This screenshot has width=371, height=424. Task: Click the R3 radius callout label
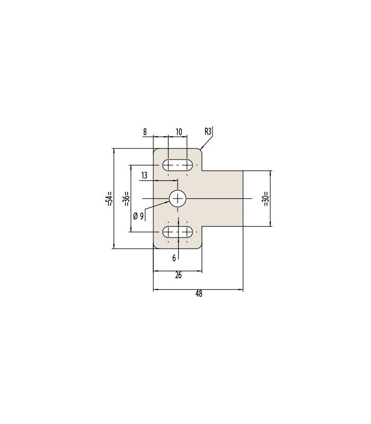(x=208, y=131)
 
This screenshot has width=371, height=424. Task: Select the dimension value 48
(x=199, y=294)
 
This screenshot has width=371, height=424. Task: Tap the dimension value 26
(x=178, y=275)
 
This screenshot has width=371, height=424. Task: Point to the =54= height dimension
(x=110, y=199)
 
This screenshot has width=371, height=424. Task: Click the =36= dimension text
(x=127, y=199)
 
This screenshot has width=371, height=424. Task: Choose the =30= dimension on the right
(x=266, y=199)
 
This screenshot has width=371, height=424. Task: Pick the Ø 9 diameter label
(x=138, y=216)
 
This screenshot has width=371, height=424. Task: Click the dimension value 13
(x=144, y=175)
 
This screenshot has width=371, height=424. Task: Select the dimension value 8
(x=145, y=132)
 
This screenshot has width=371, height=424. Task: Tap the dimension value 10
(x=179, y=132)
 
